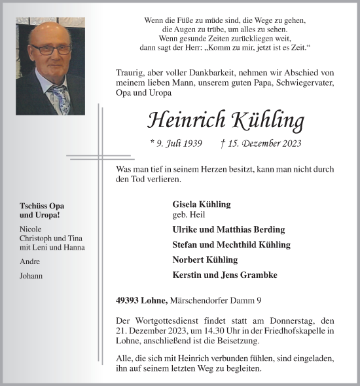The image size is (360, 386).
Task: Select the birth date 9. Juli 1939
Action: pos(175,143)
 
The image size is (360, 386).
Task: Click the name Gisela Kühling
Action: pos(201,204)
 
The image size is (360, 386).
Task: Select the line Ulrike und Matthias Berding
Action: pos(228,230)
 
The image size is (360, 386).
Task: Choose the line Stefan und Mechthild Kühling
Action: pos(231,245)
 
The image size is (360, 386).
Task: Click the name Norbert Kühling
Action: pos(204,260)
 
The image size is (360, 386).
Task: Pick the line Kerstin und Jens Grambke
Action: pos(225,275)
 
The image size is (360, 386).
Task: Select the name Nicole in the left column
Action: pos(31,229)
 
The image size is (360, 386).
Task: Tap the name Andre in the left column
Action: pos(30,261)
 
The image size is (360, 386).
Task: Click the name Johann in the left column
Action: pos(31,276)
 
